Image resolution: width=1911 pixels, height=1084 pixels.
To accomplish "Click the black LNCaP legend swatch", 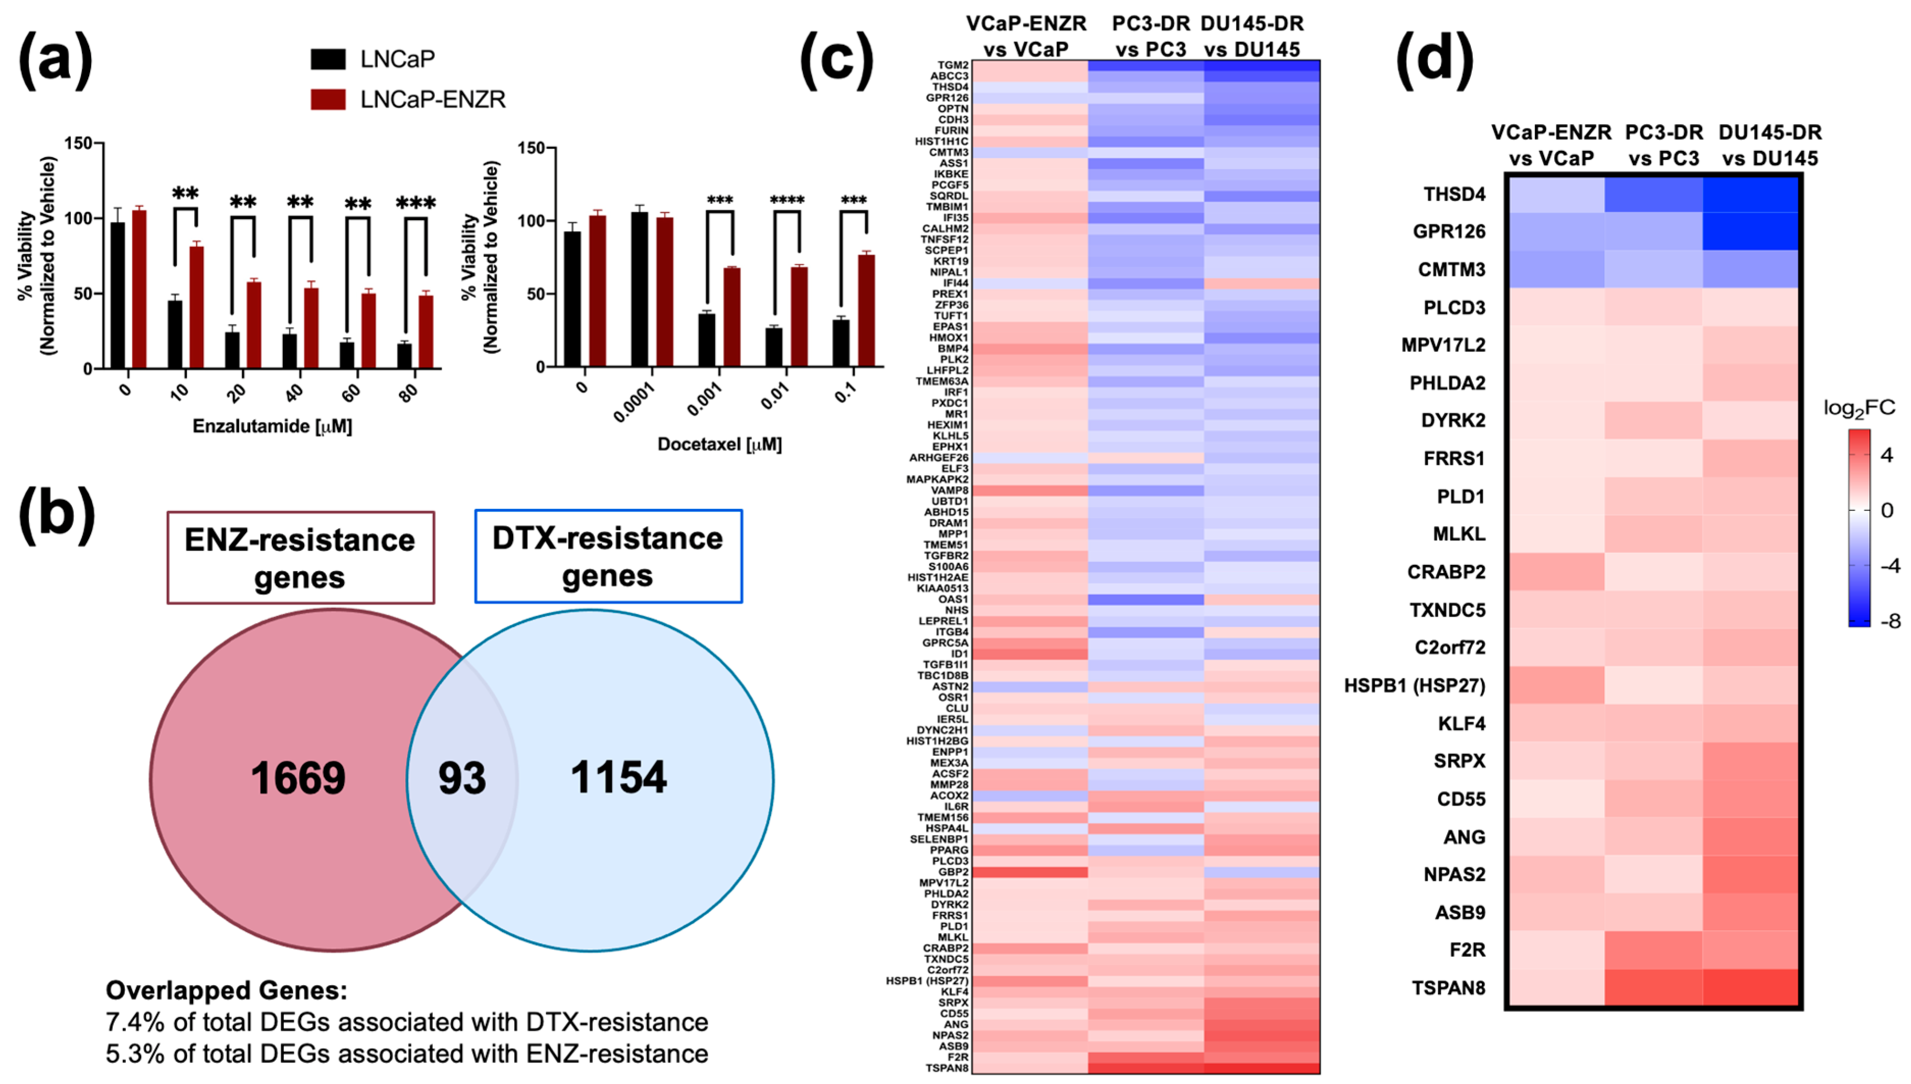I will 328,59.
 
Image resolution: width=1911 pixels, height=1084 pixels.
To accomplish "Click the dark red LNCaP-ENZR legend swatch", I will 328,99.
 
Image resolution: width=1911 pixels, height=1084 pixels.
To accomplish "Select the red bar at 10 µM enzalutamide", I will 196,307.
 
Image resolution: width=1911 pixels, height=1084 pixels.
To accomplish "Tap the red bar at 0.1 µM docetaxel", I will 866,310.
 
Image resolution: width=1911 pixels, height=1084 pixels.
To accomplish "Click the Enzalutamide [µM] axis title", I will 272,426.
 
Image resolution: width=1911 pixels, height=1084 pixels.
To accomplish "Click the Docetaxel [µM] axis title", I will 720,445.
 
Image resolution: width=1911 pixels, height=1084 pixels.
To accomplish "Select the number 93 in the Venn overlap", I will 462,778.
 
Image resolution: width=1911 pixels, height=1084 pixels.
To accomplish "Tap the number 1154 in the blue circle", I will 618,777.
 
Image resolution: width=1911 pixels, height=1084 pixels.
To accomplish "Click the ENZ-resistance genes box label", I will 300,558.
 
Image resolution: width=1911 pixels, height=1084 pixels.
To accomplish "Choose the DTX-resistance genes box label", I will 608,556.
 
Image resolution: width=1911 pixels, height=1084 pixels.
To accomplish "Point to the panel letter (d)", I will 1434,60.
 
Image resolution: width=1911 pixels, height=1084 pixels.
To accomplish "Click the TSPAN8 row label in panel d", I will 1448,988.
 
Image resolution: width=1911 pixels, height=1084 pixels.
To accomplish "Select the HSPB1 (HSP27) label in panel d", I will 1414,686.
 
